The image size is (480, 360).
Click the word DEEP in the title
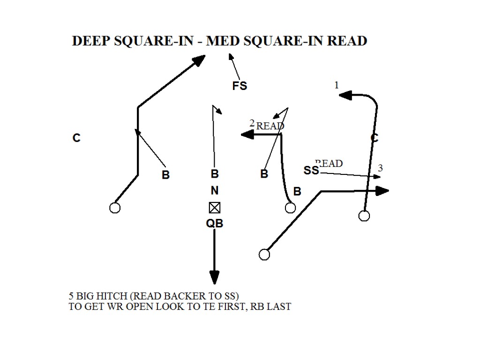(90, 41)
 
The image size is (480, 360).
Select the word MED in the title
(223, 41)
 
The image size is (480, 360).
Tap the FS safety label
(240, 86)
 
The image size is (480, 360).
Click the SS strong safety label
(311, 171)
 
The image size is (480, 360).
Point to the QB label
(215, 224)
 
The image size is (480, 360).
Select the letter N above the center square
(215, 191)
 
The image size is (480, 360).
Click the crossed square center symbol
(215, 207)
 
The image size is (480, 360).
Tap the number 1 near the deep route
(336, 85)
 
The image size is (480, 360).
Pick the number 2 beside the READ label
(252, 123)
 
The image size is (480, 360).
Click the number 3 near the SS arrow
(380, 168)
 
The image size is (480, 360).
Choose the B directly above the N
(215, 174)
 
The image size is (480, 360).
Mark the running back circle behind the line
(264, 254)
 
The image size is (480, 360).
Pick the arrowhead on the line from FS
(230, 56)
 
